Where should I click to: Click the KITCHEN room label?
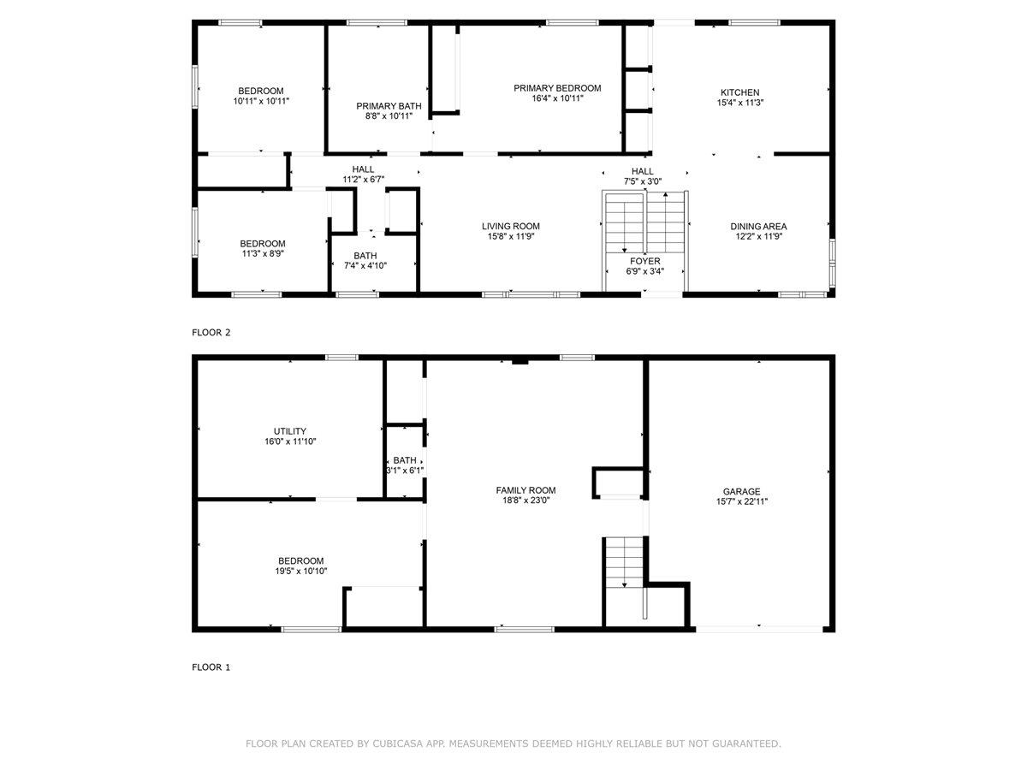click(739, 92)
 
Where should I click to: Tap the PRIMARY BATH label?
click(389, 106)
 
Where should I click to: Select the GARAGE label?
click(741, 491)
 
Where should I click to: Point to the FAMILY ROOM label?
click(525, 490)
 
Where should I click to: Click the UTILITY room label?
click(289, 431)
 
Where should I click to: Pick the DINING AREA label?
click(758, 226)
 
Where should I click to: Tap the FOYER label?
click(644, 261)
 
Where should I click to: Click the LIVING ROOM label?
click(510, 226)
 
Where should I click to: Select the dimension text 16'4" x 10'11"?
click(557, 98)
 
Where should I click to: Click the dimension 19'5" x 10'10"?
click(301, 571)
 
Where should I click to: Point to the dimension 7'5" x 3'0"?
click(643, 181)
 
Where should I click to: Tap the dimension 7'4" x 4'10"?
click(365, 265)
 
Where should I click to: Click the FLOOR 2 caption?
click(211, 333)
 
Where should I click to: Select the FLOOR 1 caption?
click(211, 667)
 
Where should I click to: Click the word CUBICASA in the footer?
click(397, 743)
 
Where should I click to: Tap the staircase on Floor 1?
click(624, 562)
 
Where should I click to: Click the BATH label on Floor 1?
click(405, 460)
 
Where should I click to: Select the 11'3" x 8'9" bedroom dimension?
click(263, 253)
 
